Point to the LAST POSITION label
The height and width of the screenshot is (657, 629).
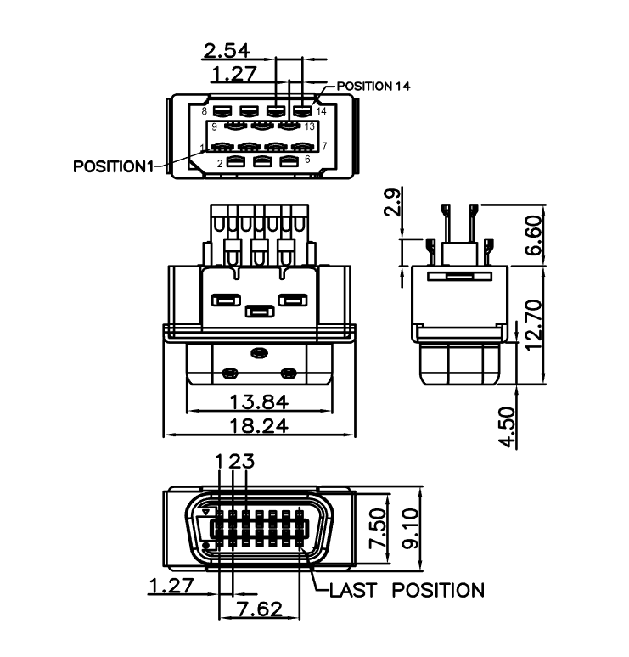[407, 590]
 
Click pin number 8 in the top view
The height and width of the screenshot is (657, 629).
[205, 111]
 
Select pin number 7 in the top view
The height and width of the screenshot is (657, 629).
[324, 146]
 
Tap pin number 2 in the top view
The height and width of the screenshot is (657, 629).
[220, 162]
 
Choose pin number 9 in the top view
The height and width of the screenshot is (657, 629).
[215, 126]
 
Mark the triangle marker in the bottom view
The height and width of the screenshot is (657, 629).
[205, 512]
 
